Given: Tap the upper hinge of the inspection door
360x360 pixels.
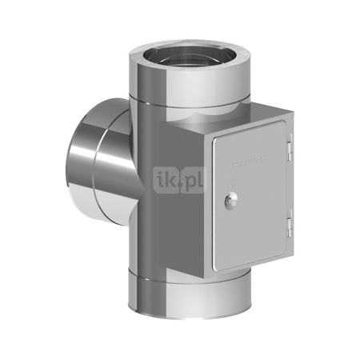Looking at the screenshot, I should (289, 150).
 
